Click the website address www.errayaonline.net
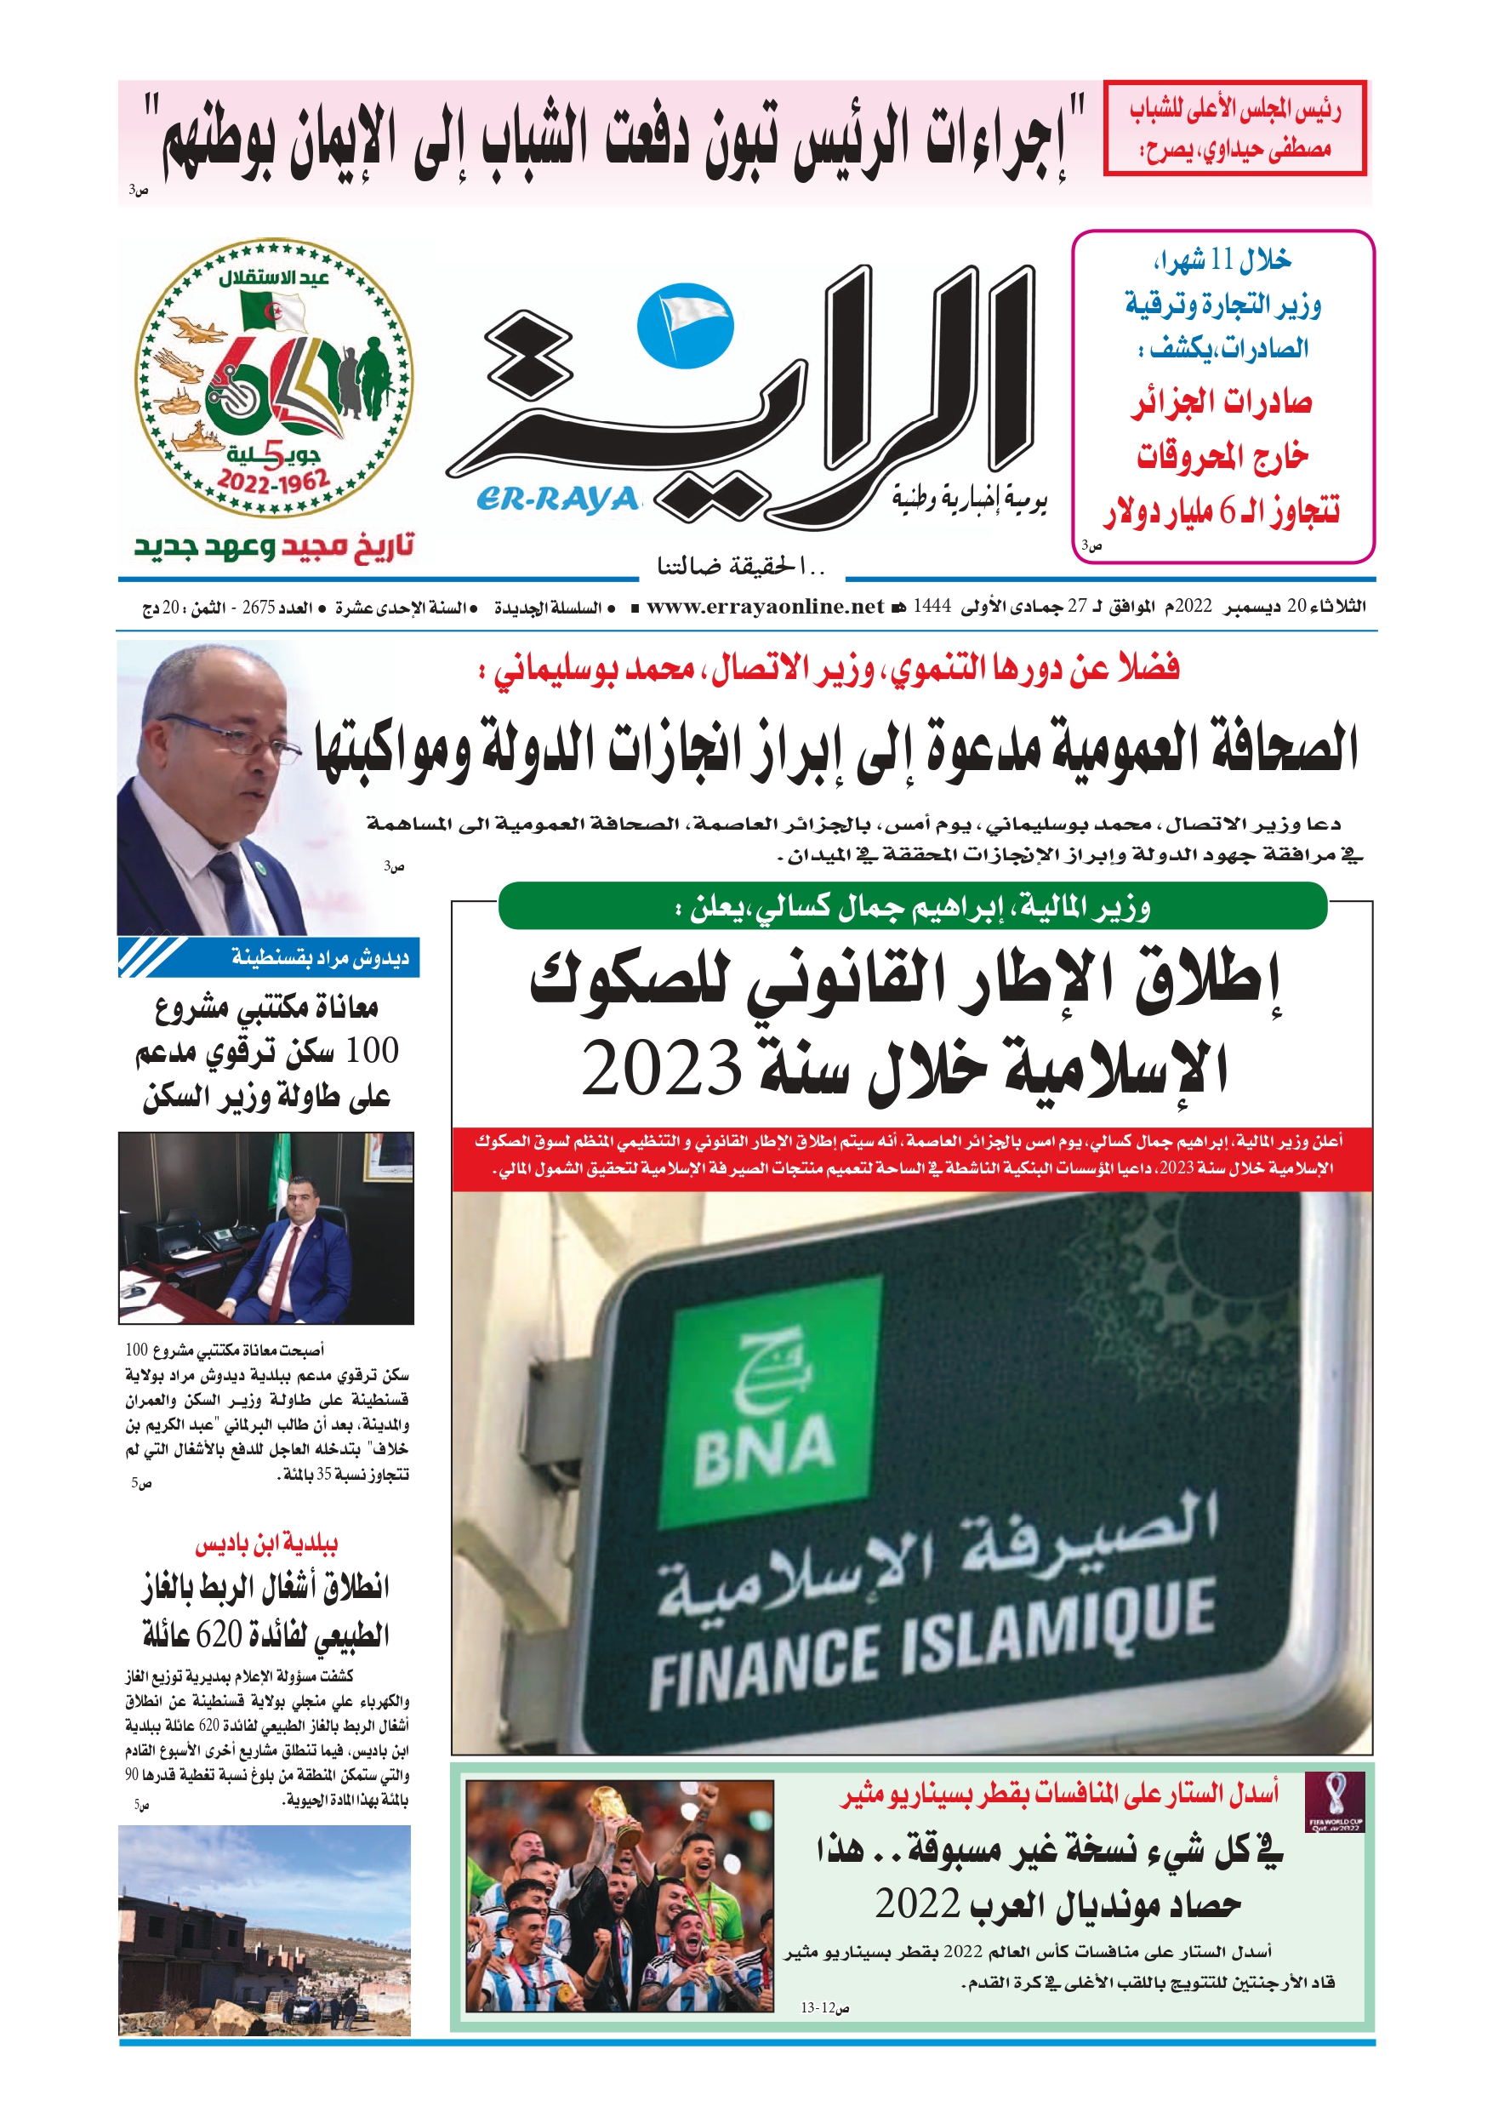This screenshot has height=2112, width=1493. pyautogui.click(x=766, y=606)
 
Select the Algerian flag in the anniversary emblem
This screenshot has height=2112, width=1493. pyautogui.click(x=271, y=310)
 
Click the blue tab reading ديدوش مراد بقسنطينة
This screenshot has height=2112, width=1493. pyautogui.click(x=318, y=957)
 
